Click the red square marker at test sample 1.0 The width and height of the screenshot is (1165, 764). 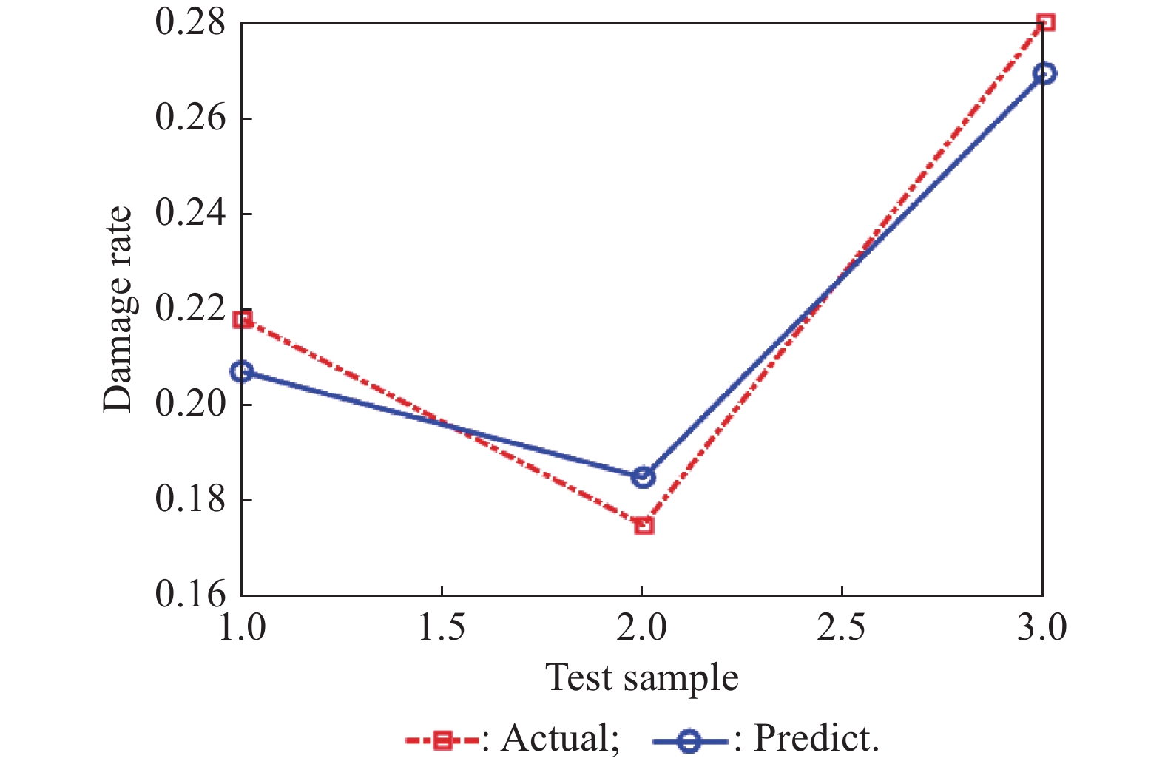[x=243, y=320]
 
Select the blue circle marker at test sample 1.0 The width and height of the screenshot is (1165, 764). [x=242, y=371]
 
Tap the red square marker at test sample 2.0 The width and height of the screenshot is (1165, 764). [x=644, y=526]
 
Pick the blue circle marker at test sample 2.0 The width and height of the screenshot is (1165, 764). [x=644, y=477]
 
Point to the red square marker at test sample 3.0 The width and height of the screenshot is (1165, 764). [x=1045, y=22]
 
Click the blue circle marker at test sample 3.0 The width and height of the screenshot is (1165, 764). [x=1044, y=73]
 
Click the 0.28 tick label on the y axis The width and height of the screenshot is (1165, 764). [x=190, y=22]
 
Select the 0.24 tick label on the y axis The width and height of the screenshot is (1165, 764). [x=190, y=213]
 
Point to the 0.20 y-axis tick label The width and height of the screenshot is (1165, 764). [x=190, y=404]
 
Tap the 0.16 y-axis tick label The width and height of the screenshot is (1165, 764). [x=190, y=594]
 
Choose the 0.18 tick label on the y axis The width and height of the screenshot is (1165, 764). [x=190, y=499]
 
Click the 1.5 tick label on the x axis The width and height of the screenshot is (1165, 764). [x=442, y=628]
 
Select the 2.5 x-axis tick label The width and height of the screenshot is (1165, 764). [x=842, y=628]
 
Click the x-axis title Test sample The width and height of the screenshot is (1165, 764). [x=642, y=677]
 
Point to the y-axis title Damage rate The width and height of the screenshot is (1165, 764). [x=118, y=308]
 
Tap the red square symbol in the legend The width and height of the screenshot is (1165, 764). [x=442, y=740]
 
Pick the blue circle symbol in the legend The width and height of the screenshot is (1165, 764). [x=689, y=740]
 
